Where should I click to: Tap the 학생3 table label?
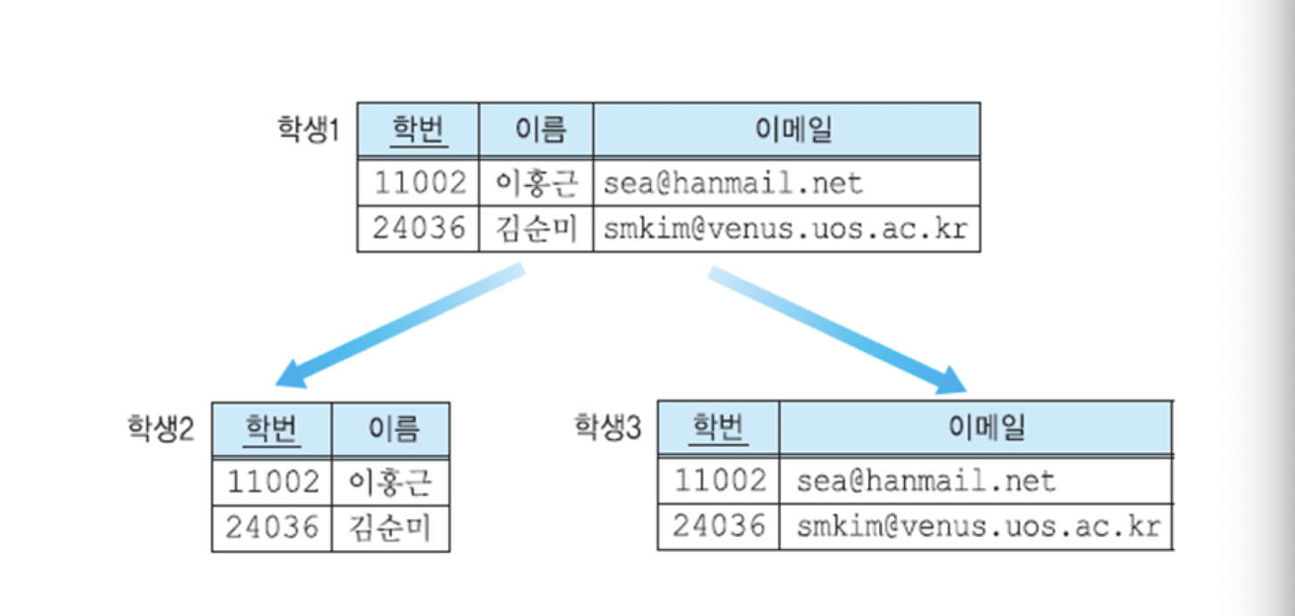607,428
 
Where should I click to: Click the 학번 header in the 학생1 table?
419,131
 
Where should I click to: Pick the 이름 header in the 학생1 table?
536,131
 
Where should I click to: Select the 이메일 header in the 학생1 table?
787,131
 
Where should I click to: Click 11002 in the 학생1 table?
419,182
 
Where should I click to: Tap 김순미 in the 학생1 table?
536,229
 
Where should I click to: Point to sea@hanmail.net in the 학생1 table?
733,183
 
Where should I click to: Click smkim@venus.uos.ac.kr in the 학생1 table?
785,229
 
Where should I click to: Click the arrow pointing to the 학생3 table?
837,330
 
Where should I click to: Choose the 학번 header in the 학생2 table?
273,430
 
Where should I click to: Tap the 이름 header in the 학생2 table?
391,430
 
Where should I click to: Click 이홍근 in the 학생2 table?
391,482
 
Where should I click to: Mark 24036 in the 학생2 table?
272,528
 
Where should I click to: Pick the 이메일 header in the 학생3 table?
976,428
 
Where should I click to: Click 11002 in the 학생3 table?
720,481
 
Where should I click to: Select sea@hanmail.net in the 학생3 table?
925,482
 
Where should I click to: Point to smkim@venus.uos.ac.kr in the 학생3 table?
978,526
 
